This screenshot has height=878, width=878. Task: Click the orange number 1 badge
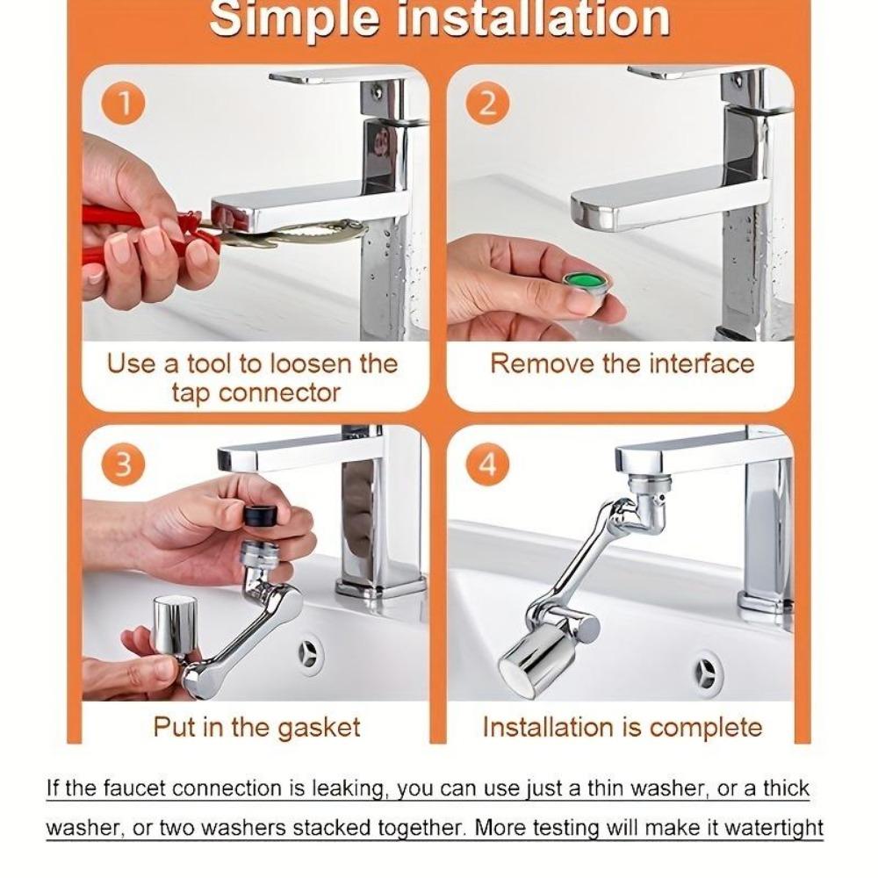tap(124, 104)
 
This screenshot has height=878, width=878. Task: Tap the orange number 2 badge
tap(487, 104)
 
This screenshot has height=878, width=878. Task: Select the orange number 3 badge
tap(124, 464)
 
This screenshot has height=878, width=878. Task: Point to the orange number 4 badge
tap(487, 464)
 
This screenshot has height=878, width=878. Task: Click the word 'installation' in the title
tap(534, 18)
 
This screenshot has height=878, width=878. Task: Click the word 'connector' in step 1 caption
tap(279, 392)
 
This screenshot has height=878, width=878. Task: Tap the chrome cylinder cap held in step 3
tap(175, 625)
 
